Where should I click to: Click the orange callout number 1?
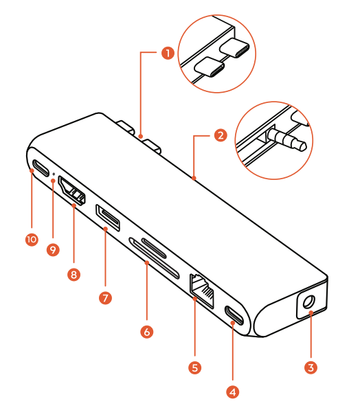coord(168,53)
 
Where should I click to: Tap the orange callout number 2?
coord(221,135)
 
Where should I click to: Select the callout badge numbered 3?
coord(311,367)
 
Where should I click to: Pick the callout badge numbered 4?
coord(233,392)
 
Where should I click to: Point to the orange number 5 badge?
coord(195,367)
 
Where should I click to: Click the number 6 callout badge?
coord(147,332)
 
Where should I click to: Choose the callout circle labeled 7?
coord(105,297)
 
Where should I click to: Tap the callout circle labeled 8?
coord(74,275)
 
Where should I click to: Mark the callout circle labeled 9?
coord(53,250)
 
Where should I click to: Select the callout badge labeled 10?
coord(32,240)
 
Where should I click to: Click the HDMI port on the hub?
coord(72,191)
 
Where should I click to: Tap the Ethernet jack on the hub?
coord(203,291)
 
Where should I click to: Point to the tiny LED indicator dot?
coord(54,174)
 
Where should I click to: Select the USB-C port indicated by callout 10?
coord(41,168)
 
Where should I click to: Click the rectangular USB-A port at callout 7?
coord(108,218)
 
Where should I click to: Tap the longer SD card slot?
coord(154,258)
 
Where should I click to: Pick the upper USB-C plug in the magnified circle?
coord(234,48)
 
